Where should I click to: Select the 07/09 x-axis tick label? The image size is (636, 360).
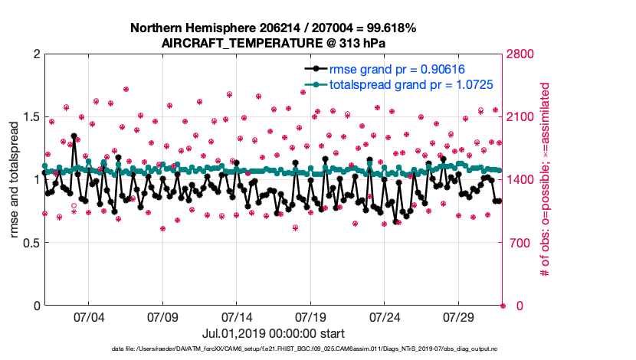[162, 316]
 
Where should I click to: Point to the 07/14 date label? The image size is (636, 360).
[237, 316]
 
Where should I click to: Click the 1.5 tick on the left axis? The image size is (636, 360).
[30, 117]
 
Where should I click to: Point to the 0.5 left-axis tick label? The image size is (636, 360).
[30, 243]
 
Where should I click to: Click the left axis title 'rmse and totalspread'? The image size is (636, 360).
[15, 180]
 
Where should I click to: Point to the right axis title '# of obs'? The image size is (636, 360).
[546, 180]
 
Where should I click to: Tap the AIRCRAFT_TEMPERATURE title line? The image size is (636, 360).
[274, 43]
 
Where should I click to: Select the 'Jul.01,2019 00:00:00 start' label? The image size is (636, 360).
[274, 333]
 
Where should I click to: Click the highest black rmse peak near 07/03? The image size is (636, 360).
[74, 136]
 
